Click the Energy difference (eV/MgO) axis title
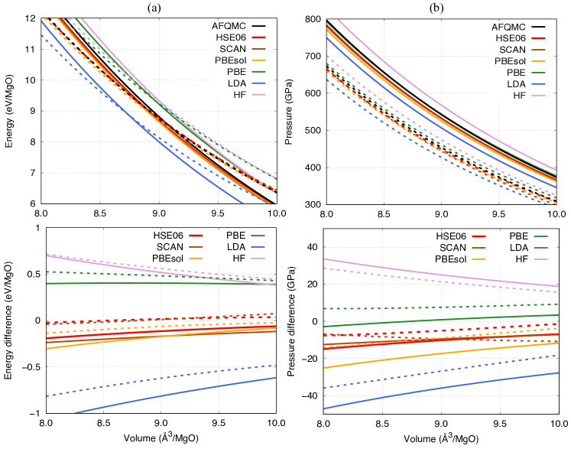[x=8, y=320]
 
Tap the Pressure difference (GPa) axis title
[x=293, y=320]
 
